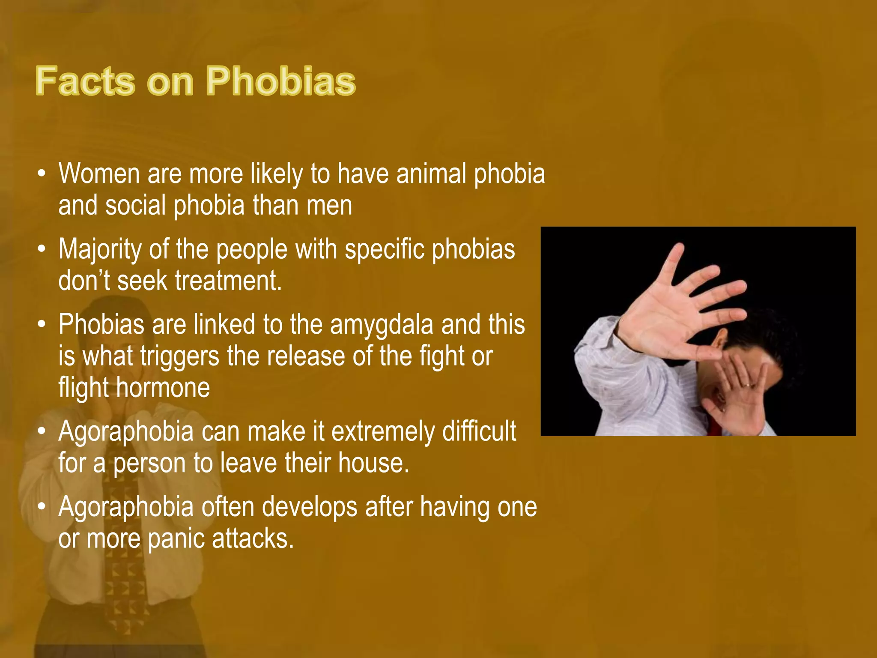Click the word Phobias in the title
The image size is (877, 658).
(x=281, y=81)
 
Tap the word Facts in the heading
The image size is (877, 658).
(x=85, y=81)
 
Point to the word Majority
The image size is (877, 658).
(x=100, y=249)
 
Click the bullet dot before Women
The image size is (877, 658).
(x=42, y=174)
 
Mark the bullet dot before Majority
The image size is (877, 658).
(x=42, y=250)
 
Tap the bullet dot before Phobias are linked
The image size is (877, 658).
(x=42, y=325)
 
